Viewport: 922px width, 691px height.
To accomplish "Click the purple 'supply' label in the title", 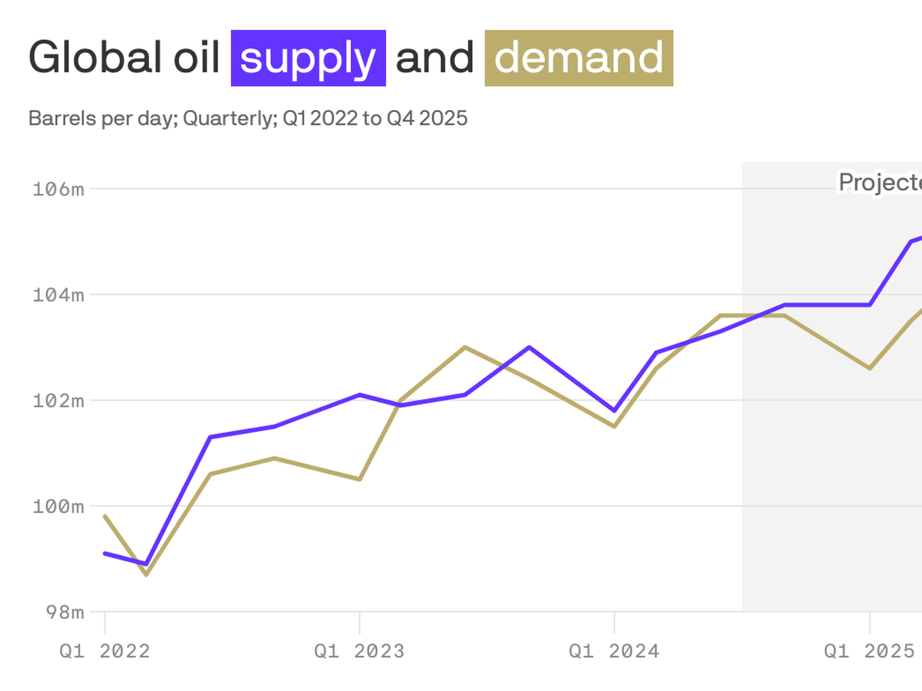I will coord(308,58).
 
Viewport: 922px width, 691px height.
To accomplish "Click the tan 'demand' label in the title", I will coord(578,58).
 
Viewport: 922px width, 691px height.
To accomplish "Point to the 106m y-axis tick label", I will coord(59,189).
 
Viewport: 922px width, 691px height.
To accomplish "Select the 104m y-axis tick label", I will coord(59,295).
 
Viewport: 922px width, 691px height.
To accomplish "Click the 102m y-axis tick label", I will coord(59,401).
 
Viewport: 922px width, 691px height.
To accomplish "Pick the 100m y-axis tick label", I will coord(59,507).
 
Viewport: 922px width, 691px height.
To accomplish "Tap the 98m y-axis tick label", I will coord(65,612).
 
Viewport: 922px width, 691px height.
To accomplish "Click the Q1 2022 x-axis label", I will coord(105,651).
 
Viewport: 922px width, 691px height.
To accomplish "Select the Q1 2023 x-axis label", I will coord(359,651).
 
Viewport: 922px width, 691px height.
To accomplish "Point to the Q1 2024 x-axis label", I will coord(614,651).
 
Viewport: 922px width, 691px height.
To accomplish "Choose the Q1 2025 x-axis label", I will coord(869,651).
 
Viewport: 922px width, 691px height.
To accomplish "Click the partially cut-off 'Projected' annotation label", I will coord(879,182).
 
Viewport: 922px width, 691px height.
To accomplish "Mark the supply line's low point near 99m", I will coord(146,563).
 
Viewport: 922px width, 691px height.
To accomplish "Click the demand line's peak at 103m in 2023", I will coord(465,348).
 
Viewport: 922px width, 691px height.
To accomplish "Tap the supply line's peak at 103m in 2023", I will coord(529,348).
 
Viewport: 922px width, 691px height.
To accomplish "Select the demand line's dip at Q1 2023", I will coord(360,479).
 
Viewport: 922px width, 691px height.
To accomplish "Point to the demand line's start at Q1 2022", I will coord(105,516).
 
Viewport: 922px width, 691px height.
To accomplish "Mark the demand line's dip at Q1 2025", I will coord(870,368).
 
